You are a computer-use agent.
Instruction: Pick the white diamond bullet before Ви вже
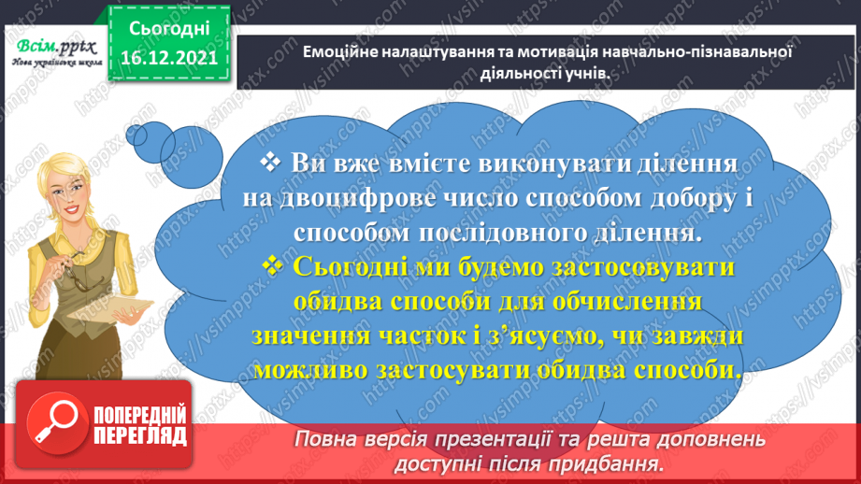tap(272, 163)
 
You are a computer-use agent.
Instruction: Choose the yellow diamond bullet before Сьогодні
tap(274, 266)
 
